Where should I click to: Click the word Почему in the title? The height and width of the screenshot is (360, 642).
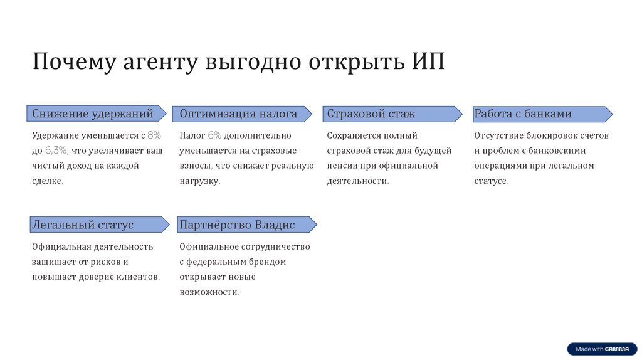(73, 63)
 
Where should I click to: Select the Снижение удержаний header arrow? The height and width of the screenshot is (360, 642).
(97, 114)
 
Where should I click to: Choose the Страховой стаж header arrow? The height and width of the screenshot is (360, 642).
(391, 114)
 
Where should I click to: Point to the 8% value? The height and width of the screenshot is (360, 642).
(154, 135)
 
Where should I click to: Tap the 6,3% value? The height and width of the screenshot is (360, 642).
(56, 151)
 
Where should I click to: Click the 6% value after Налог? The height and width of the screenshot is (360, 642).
(214, 135)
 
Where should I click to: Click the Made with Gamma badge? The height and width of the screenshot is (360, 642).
(602, 349)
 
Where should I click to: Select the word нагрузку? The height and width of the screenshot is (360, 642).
(199, 181)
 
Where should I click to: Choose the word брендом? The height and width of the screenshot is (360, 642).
(268, 262)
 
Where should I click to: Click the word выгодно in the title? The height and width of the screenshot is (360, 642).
(253, 63)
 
